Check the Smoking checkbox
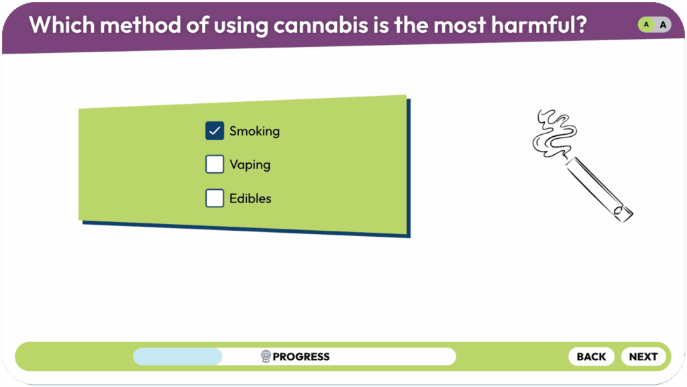215,131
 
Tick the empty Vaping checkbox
215,164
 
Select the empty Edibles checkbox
215,198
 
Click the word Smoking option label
254,131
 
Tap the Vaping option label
250,165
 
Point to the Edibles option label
250,199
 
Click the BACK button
591,356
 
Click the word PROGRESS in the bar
301,357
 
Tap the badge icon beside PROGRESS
266,356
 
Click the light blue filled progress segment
177,356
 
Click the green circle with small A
646,25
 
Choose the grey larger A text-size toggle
664,25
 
